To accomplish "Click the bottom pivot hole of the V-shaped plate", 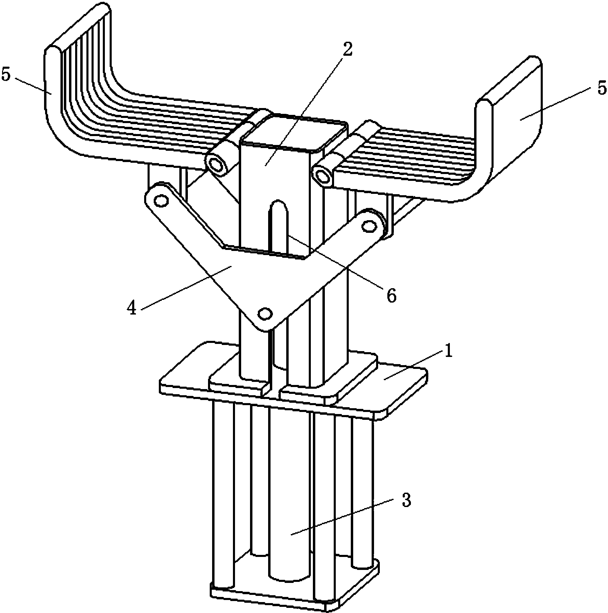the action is (x=265, y=313).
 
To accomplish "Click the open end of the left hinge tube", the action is (x=216, y=164).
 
